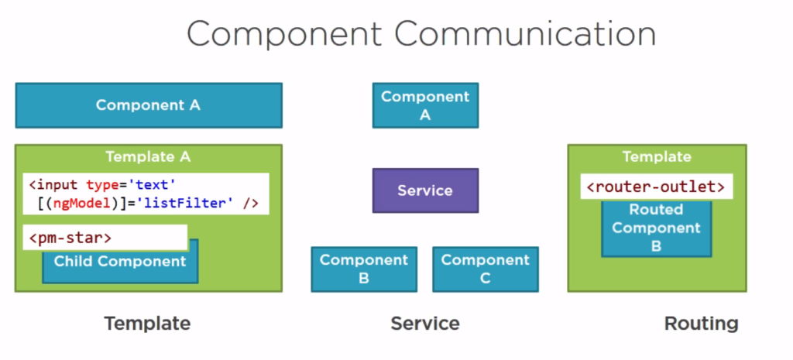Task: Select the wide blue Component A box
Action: coord(148,105)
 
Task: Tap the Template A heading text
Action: coord(148,156)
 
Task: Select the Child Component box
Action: coord(120,262)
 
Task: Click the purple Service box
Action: coord(425,190)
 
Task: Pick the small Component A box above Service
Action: coord(425,106)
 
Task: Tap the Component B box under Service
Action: coord(363,269)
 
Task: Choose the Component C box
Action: coord(485,269)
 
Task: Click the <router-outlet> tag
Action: coord(656,187)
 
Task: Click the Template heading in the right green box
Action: coord(656,156)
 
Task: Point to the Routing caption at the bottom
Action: coord(701,324)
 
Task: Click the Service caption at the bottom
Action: coord(424,324)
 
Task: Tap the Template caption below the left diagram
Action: coord(147,324)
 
